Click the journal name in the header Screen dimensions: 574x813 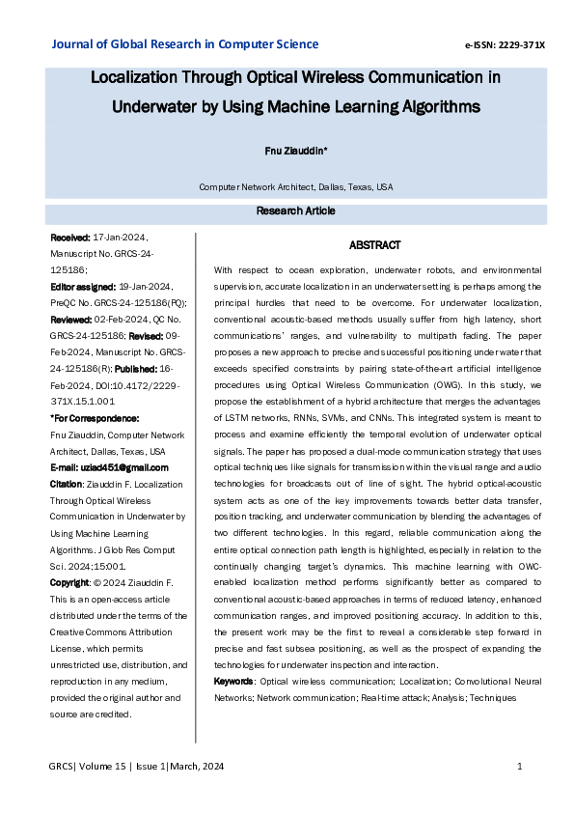coord(184,44)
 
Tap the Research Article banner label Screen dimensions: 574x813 coord(295,210)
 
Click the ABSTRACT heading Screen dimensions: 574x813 coord(374,246)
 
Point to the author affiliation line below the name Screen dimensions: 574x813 coord(295,186)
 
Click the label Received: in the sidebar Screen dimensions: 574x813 coord(69,237)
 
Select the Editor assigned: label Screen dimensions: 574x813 coord(82,287)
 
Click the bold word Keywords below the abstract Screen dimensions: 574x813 coord(234,682)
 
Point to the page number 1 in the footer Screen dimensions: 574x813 coord(520,767)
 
